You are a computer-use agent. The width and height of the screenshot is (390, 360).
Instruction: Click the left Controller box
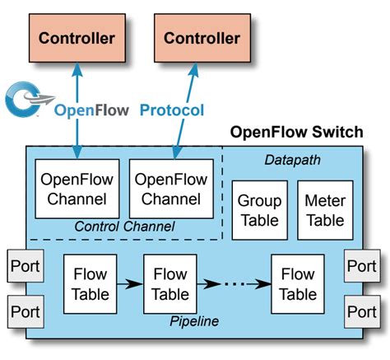point(77,39)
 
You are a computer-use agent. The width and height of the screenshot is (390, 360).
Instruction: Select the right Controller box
point(202,39)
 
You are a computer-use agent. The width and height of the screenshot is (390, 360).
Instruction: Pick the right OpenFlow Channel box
point(171,189)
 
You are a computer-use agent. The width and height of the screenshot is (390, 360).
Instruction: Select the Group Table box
point(259,209)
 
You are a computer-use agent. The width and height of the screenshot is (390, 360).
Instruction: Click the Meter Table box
point(325,209)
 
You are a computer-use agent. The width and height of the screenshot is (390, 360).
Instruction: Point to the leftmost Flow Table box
point(90,283)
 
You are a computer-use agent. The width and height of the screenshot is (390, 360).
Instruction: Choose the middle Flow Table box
point(170,283)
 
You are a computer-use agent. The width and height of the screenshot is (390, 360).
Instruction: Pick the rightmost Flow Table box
point(297,283)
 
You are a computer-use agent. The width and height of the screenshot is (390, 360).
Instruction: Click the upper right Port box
point(362,268)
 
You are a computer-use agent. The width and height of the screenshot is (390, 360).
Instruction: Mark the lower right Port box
point(362,313)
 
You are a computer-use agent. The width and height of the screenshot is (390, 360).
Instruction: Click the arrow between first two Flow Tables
point(129,284)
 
